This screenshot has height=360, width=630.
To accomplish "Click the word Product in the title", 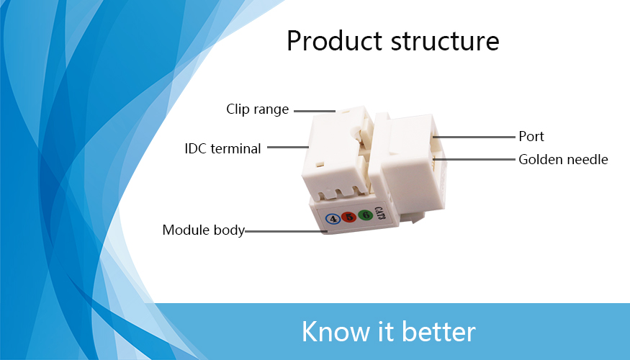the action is pos(334,41).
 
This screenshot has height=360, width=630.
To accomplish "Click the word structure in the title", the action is pos(445,42).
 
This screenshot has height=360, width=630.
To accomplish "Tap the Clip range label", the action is pos(258,109).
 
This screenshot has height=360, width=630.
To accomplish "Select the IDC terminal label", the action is pos(222,148).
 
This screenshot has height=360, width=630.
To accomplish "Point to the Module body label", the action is pos(204,230).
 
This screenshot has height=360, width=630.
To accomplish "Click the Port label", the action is pos(531,137).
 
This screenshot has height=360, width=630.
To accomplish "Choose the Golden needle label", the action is pos(563,160).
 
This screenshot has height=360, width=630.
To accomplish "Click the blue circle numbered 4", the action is pos(333,219).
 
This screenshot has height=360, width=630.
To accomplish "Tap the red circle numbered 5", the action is pos(349,217).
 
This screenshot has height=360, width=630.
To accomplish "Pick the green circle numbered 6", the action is pos(365,215).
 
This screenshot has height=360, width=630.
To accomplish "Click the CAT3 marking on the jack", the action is pos(380,213).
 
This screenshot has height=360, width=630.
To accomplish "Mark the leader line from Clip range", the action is pos(315,111).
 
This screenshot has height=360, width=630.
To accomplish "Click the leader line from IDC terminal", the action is pos(288,147).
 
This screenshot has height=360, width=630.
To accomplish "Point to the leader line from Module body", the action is pos(286,231).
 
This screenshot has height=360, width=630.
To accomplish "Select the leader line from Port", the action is pos(474,137).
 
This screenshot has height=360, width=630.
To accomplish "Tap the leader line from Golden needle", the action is pos(474,160).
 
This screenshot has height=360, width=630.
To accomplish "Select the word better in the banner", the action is pos(438,332).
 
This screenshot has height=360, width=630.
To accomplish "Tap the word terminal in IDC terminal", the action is pos(236,148).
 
